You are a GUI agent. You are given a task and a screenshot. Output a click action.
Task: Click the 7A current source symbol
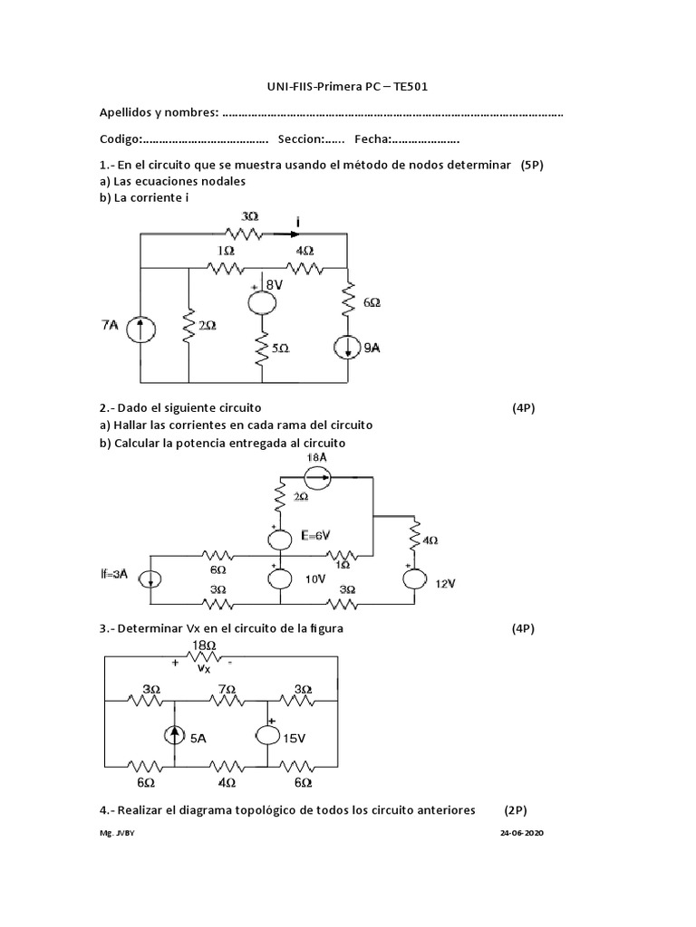(x=140, y=327)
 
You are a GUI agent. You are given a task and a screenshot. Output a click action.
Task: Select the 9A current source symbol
(x=347, y=346)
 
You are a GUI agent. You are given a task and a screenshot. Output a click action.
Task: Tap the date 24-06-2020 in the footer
(x=523, y=833)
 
